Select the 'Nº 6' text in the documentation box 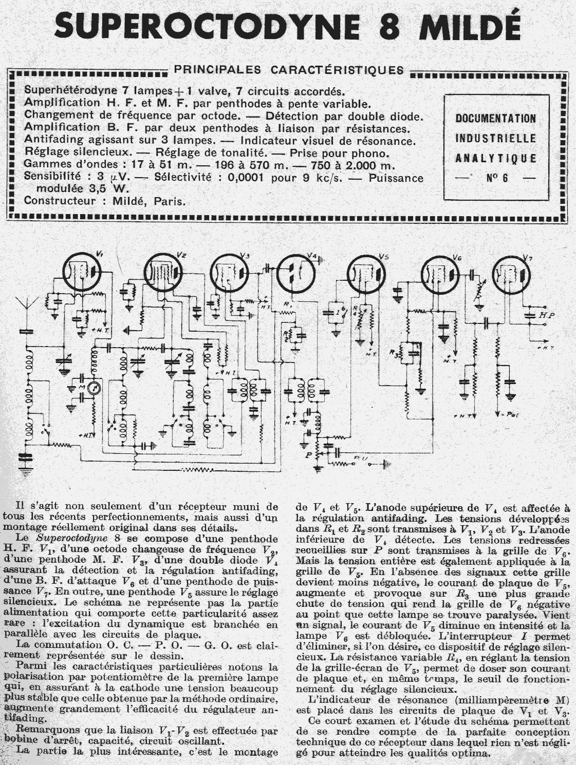(495, 178)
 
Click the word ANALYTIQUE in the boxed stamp (495, 158)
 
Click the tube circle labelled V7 (512, 275)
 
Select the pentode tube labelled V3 (230, 272)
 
